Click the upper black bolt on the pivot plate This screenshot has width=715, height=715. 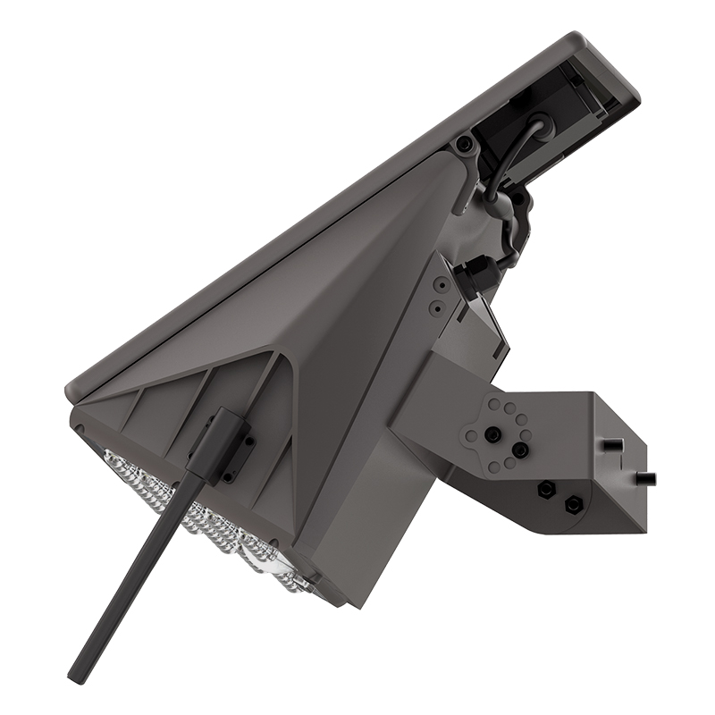pos(491,433)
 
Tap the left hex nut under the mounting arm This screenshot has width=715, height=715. pos(545,490)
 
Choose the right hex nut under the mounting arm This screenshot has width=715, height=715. pos(572,505)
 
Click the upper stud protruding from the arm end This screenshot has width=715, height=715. pos(611,444)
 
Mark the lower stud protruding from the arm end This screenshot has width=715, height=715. pos(645,476)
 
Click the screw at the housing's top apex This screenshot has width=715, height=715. pos(463,145)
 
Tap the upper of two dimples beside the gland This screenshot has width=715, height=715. pos(439,284)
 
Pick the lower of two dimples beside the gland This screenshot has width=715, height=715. pos(435,307)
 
